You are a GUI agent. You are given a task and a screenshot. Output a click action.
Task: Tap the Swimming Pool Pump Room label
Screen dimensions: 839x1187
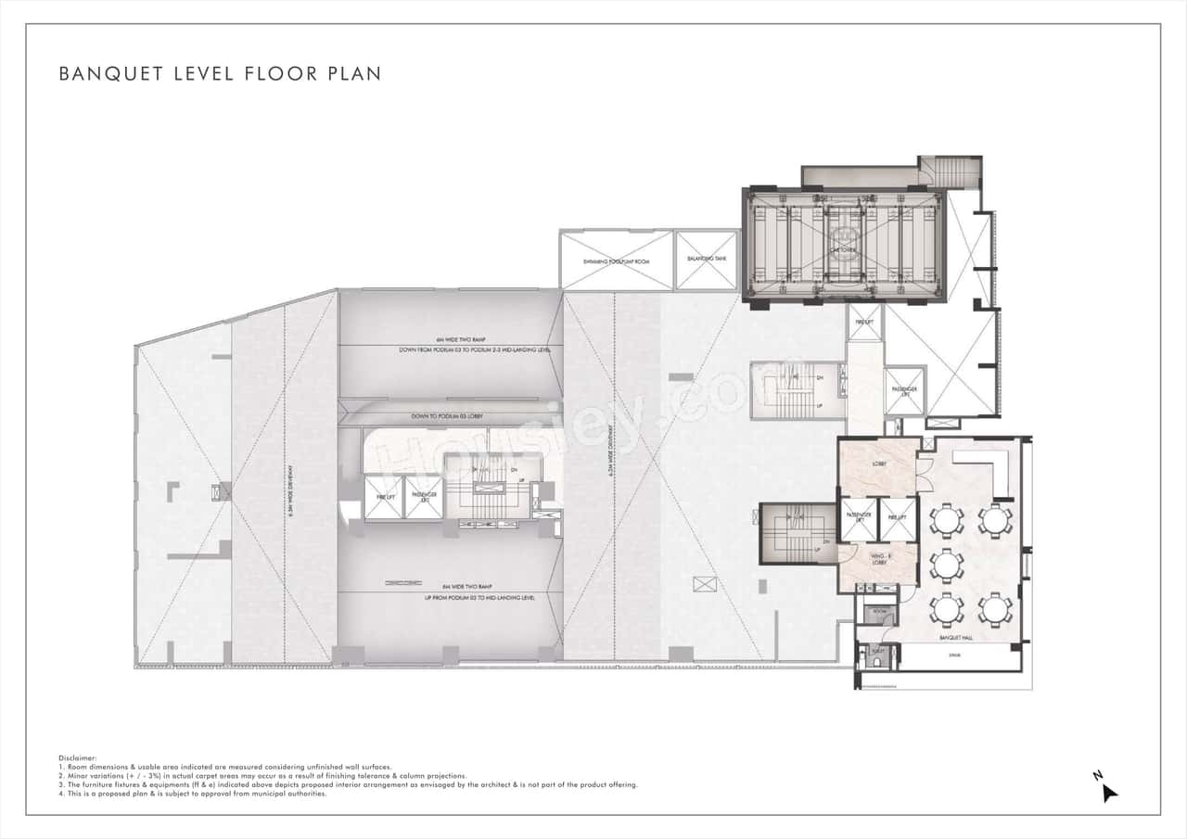[x=616, y=261]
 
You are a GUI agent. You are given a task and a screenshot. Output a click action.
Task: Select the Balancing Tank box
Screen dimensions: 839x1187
[x=707, y=260]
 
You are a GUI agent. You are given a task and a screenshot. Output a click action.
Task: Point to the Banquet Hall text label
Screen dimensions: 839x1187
[x=954, y=637]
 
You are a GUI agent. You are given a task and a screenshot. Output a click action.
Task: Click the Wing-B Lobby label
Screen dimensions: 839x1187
[x=877, y=559]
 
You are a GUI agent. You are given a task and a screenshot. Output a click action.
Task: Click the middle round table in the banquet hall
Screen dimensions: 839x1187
[x=947, y=564]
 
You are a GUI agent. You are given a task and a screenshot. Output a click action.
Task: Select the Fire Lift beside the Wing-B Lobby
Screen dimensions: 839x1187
[x=896, y=519]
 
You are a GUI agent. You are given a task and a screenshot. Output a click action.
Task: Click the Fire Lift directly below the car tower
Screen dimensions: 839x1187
[x=862, y=323]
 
